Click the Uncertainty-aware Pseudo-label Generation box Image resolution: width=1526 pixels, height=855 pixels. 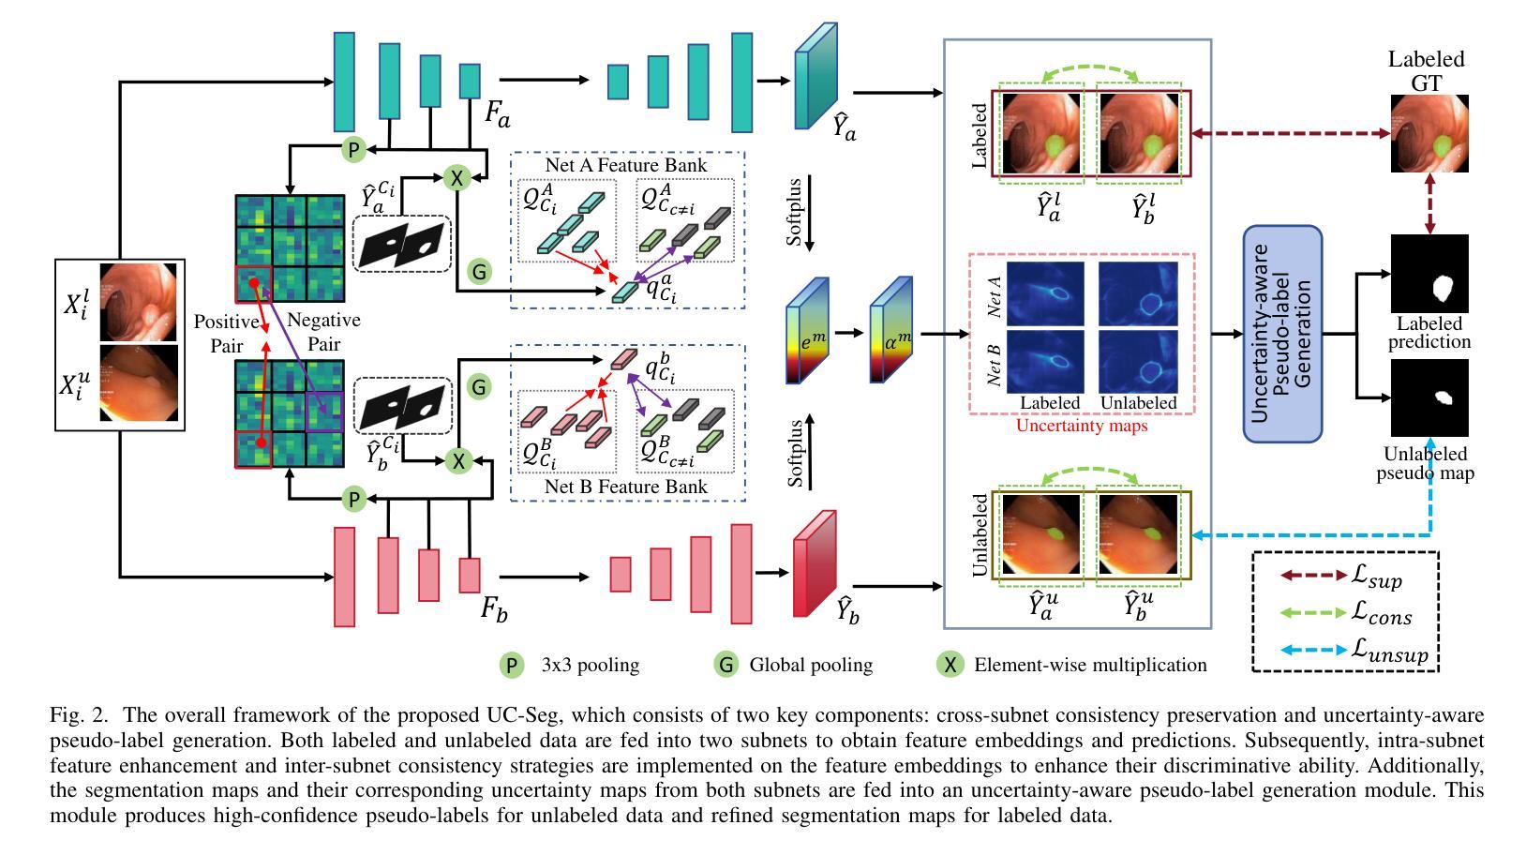point(1282,334)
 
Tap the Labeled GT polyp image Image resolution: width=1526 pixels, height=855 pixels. point(1429,133)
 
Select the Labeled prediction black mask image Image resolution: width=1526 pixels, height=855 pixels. point(1429,274)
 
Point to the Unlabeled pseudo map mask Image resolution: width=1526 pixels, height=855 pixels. point(1429,397)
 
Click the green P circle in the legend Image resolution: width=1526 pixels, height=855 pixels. point(512,665)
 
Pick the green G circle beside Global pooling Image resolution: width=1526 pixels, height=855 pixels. point(726,665)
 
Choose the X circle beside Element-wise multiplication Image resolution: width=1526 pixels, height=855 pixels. point(950,665)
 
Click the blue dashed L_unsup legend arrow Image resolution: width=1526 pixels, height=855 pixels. point(1314,650)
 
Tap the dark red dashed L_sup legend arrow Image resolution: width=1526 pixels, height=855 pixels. point(1314,575)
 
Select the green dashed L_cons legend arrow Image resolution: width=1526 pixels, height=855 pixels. point(1314,612)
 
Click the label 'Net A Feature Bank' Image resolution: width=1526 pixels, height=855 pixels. point(626,165)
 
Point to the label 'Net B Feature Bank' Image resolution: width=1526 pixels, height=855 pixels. point(626,487)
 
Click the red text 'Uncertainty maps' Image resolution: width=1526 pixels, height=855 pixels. point(1082,426)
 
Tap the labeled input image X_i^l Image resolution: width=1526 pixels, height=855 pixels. point(139,303)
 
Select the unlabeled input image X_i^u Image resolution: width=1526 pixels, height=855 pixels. point(139,382)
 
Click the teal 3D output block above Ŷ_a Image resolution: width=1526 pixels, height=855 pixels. point(816,76)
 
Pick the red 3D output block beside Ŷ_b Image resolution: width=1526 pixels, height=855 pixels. point(815,563)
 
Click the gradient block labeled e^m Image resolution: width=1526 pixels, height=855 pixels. point(807,330)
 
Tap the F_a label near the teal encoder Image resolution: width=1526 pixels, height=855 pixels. point(497,113)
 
